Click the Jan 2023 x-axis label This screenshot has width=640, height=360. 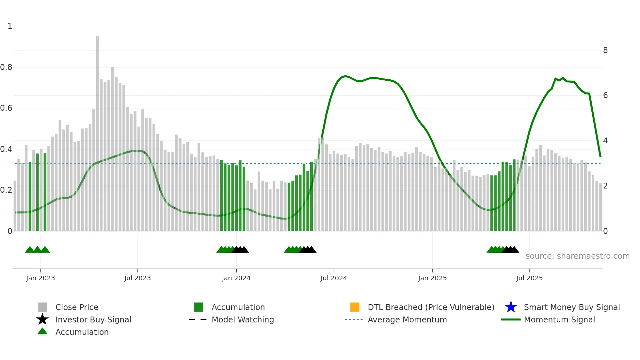(x=40, y=278)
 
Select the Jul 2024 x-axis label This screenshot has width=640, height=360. (x=334, y=278)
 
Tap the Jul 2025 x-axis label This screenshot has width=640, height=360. (x=529, y=278)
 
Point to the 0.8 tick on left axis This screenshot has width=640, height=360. (x=6, y=67)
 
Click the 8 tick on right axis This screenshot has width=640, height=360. (x=605, y=50)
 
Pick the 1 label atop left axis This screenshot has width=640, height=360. (x=10, y=26)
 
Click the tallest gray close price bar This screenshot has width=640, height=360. (x=97, y=131)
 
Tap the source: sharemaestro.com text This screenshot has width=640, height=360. (x=577, y=256)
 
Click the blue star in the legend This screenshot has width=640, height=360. (x=511, y=307)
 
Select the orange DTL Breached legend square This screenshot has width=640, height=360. (x=355, y=307)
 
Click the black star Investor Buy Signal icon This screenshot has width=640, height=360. (x=42, y=319)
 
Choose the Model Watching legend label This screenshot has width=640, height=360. (x=243, y=319)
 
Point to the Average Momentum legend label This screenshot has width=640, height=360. (x=407, y=319)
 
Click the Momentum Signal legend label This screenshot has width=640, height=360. (x=559, y=319)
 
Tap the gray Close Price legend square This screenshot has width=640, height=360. (x=42, y=307)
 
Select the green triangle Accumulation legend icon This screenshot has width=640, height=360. (x=42, y=331)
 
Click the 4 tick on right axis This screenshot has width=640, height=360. (x=605, y=141)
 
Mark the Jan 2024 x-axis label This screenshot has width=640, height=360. (x=236, y=278)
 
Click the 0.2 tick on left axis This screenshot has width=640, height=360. (x=6, y=190)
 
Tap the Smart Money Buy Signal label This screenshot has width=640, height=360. (x=572, y=307)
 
